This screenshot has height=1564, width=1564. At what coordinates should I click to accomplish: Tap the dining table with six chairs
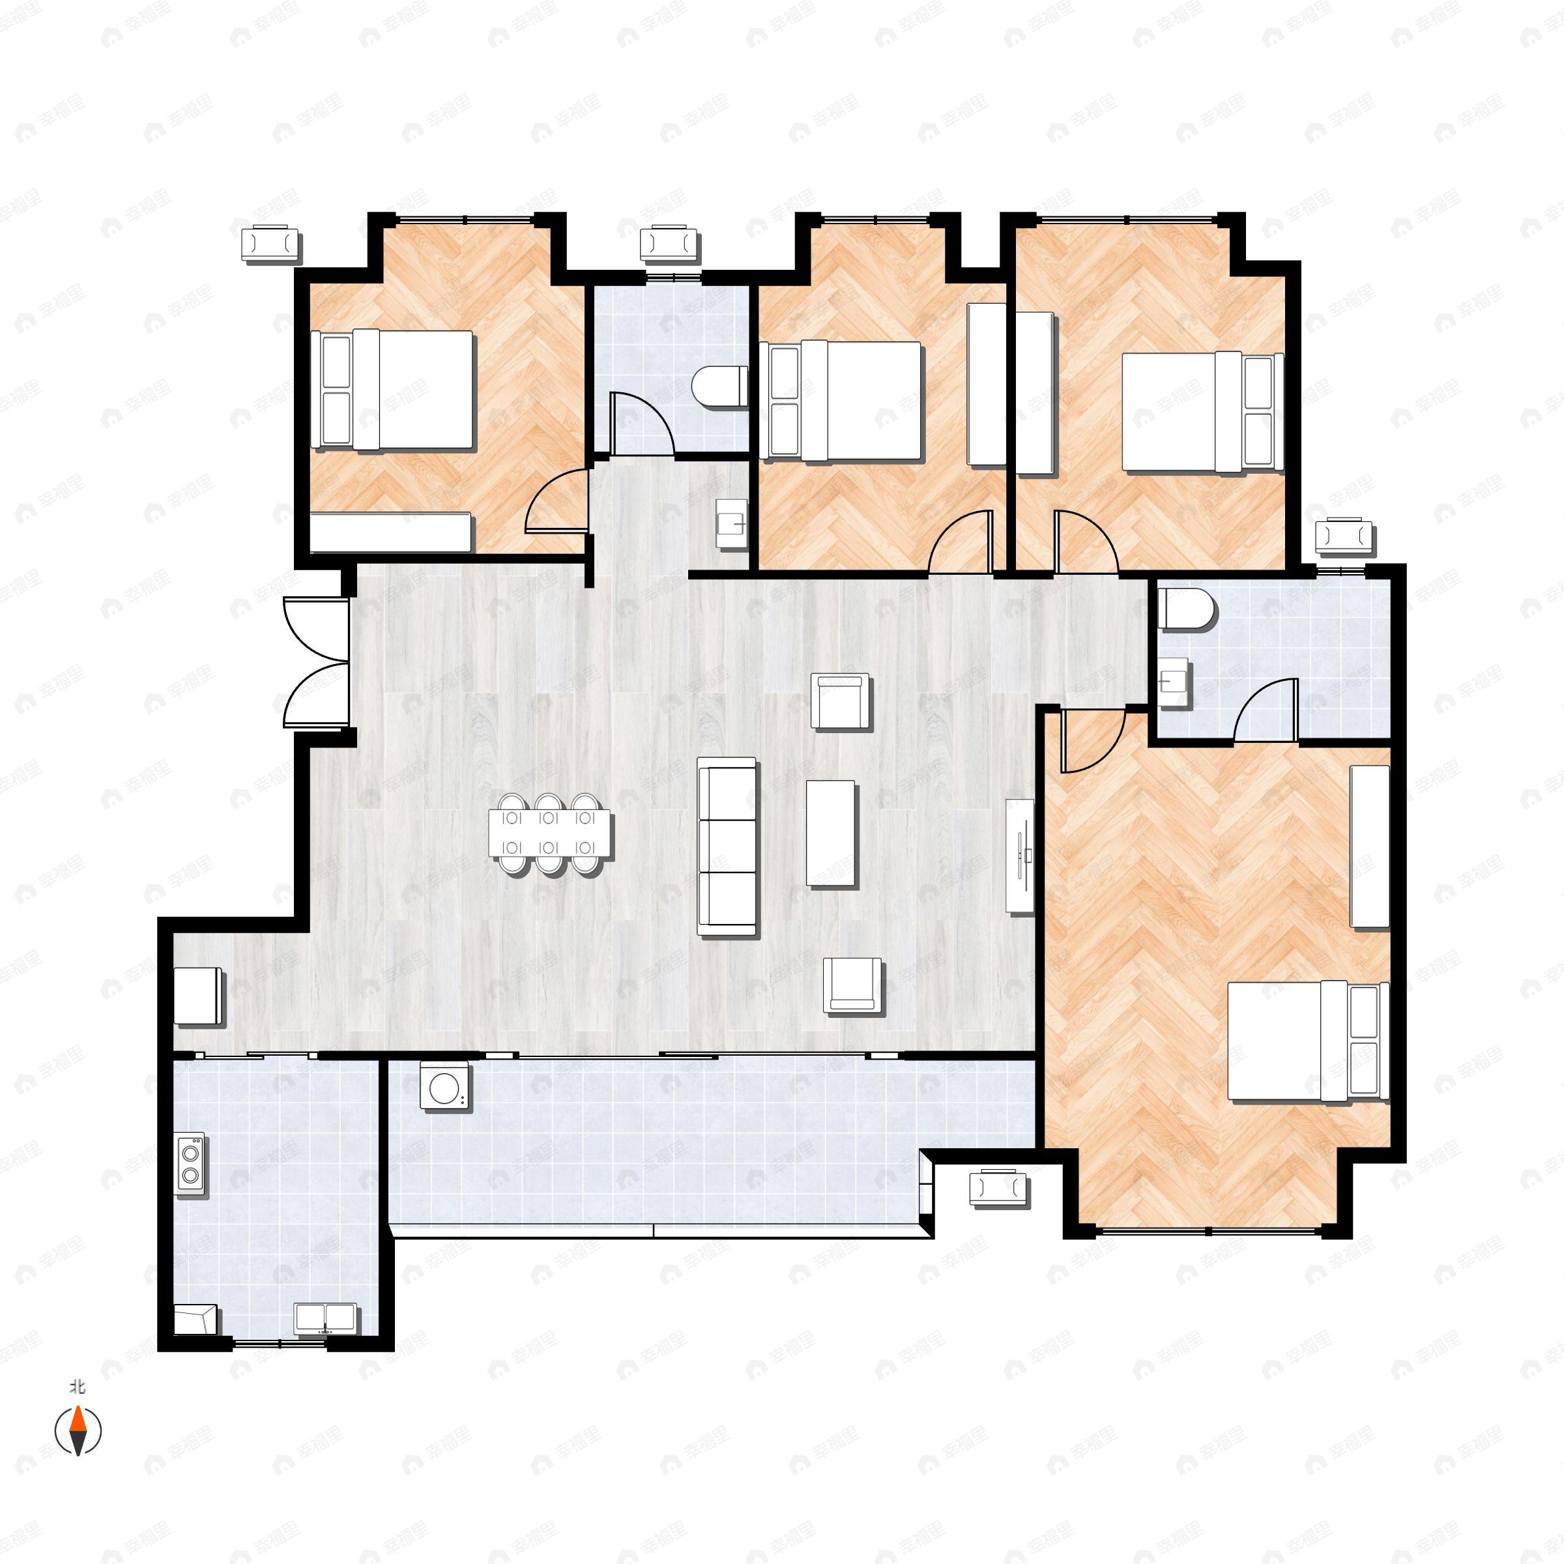coord(549,833)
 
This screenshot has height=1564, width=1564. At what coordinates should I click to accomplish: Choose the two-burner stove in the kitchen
coord(191,1164)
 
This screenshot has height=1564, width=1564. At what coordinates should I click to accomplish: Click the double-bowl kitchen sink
coord(325,1318)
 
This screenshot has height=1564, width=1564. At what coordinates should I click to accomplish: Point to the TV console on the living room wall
coord(1020,855)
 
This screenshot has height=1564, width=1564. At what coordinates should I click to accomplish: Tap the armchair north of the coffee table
coord(841,701)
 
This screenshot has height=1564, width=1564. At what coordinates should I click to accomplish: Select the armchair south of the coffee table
coord(852,985)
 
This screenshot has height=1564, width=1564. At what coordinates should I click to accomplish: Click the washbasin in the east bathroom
coord(1174,682)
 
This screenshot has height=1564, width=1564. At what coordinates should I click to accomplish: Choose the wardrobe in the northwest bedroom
coord(391,532)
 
